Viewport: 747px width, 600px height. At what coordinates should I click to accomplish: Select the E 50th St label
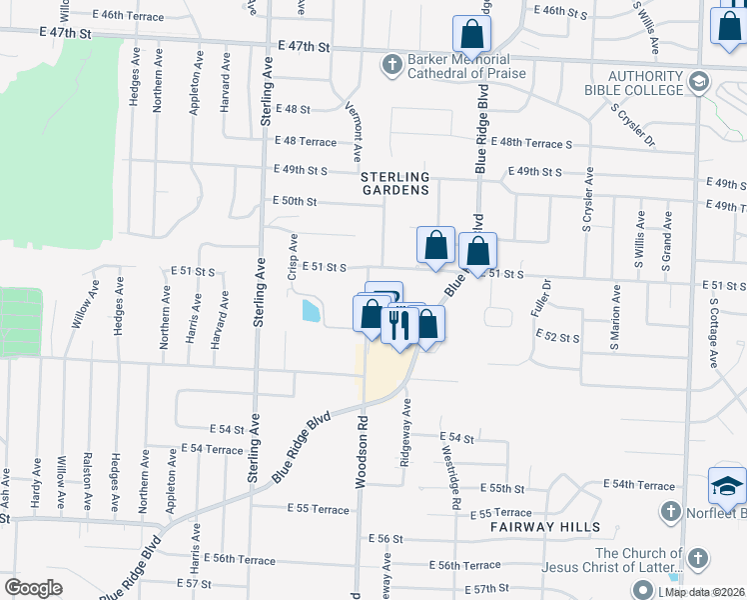point(294,201)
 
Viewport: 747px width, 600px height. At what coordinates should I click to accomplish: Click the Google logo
point(33,587)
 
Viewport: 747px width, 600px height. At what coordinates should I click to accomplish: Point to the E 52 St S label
point(557,338)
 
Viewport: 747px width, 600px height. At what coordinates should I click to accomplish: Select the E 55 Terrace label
point(317,508)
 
